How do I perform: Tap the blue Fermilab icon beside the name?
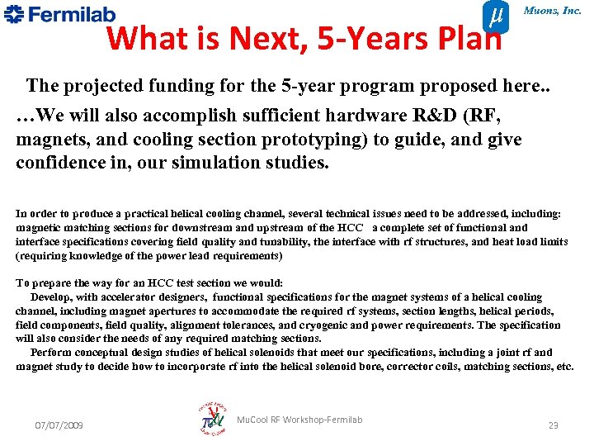click(15, 13)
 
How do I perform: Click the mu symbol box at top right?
click(493, 16)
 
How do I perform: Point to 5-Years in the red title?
click(372, 38)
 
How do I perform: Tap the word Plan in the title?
click(469, 38)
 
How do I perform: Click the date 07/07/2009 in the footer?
click(58, 425)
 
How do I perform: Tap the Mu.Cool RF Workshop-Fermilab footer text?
click(299, 420)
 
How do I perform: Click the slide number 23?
click(554, 425)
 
